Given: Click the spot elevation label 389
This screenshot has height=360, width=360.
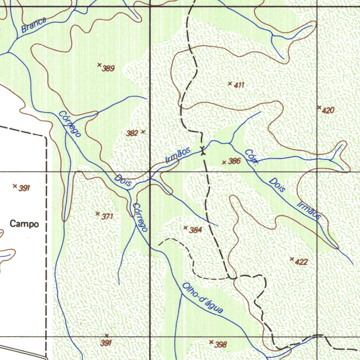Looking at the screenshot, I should click(108, 69).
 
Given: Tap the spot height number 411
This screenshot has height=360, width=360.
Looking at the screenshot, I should click(239, 85).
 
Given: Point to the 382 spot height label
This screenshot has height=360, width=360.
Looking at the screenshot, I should click(132, 133).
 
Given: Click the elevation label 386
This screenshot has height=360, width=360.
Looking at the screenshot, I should click(234, 161).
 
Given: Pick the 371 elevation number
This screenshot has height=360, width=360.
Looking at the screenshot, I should click(107, 217).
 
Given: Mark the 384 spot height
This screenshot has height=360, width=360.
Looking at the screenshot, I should click(195, 230).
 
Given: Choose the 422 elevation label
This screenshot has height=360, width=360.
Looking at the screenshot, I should click(301, 262).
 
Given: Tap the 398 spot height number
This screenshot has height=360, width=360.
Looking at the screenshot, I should click(220, 345).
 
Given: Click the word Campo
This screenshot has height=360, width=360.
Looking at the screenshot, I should click(24, 224).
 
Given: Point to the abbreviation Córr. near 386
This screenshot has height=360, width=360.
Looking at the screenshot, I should click(252, 156).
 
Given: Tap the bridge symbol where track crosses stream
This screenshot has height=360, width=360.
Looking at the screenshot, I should click(202, 150).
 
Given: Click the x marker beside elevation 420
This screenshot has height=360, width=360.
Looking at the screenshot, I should click(319, 107).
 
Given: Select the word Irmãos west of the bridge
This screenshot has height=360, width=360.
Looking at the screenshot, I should click(178, 155).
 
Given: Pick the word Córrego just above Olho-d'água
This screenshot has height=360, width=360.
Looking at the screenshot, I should click(140, 218).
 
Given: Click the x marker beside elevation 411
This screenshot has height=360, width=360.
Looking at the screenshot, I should click(230, 83).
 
